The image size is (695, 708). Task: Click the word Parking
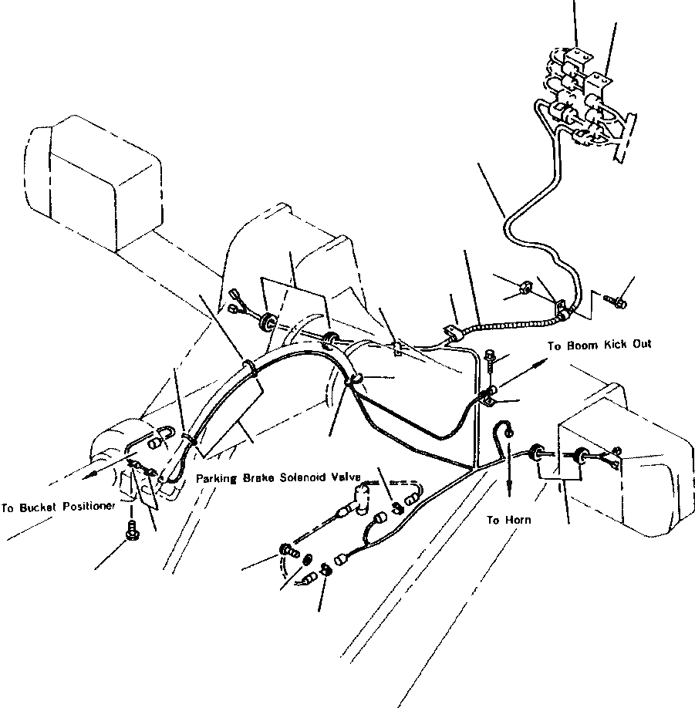pyautogui.click(x=218, y=477)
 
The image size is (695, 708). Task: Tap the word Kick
pyautogui.click(x=617, y=346)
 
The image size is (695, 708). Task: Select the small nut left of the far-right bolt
pyautogui.click(x=524, y=288)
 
